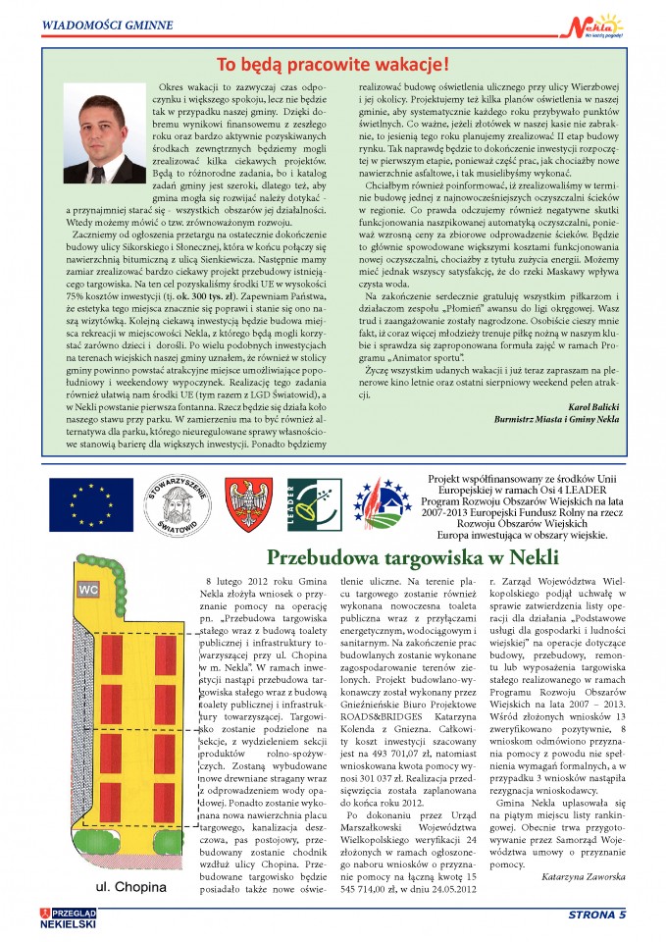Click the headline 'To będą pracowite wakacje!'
tap(333, 66)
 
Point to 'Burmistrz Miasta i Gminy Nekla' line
tap(558, 418)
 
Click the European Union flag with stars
tap(84, 502)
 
